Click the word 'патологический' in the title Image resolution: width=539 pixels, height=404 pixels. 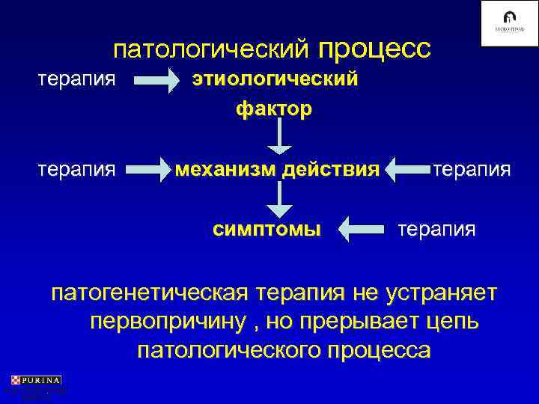click(211, 50)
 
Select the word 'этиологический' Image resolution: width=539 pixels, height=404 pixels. click(275, 79)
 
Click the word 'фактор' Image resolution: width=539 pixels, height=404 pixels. click(274, 109)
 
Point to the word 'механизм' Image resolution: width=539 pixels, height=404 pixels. click(226, 169)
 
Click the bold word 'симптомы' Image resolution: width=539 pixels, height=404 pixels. click(267, 227)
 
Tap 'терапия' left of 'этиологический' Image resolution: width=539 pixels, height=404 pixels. click(77, 79)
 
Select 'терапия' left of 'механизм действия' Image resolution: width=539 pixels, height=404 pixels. click(77, 169)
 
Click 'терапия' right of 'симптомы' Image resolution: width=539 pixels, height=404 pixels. click(436, 227)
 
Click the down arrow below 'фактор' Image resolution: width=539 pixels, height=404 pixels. click(278, 136)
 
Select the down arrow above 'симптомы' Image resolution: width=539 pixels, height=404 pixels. click(278, 198)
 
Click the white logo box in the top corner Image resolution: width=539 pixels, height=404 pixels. click(508, 24)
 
